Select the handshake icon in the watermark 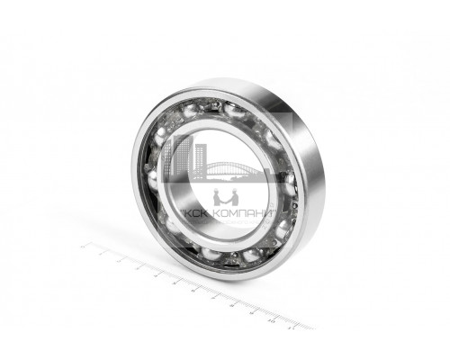(225, 198)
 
